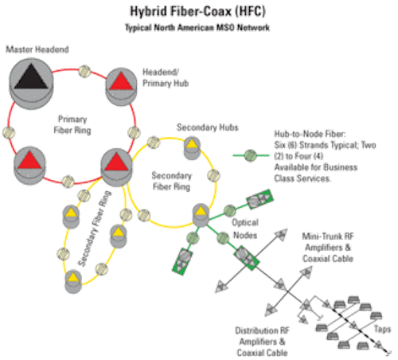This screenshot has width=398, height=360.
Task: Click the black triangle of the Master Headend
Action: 31,76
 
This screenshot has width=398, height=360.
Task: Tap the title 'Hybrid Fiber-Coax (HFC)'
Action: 197,11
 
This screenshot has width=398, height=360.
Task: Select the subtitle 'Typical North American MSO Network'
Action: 197,28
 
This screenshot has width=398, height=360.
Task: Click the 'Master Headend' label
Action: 37,49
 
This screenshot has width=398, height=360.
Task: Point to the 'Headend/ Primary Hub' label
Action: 166,77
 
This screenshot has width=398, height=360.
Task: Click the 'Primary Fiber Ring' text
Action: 72,125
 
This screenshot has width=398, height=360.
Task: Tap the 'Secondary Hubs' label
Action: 208,127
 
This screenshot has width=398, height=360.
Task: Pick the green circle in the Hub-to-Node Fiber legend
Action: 250,155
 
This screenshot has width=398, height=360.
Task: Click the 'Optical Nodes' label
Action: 245,229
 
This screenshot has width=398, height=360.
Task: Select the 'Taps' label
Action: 382,329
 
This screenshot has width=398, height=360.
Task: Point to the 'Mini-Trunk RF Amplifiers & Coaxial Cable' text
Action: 328,248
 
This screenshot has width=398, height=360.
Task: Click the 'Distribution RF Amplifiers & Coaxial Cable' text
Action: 262,342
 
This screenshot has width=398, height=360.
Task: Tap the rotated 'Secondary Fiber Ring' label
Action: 95,229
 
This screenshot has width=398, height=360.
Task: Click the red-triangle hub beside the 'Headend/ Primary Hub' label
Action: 121,87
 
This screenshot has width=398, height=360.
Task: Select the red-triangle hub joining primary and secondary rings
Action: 116,167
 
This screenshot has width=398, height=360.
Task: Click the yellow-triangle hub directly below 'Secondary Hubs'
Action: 192,148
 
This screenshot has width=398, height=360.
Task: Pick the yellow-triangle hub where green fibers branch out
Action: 201,215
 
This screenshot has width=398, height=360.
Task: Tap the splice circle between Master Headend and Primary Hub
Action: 84,72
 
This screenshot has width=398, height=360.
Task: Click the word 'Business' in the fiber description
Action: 341,167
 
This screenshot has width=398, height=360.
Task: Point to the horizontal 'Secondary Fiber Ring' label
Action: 171,181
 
